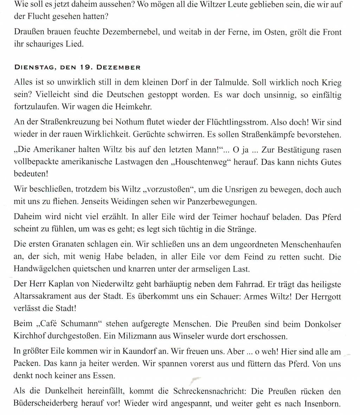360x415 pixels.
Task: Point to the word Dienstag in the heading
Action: (x=34, y=67)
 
